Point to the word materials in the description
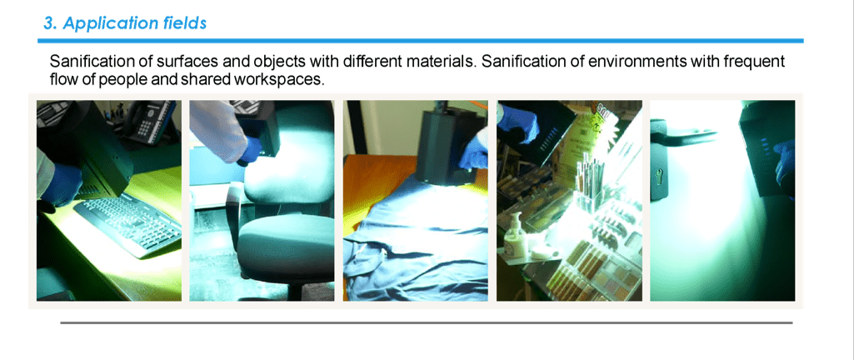[x=440, y=61]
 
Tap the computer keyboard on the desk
[x=128, y=222]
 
